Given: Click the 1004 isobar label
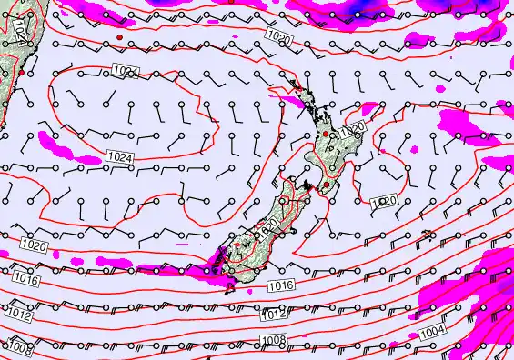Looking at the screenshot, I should tap(434, 331).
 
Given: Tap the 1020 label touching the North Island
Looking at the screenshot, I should tap(352, 131).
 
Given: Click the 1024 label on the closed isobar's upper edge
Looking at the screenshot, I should tap(126, 71).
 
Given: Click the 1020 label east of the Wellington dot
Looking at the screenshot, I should tap(385, 201).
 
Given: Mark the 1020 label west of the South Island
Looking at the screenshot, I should tap(33, 246).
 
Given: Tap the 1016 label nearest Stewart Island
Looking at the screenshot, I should tap(281, 286).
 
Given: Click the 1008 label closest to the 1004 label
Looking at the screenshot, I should tap(277, 341).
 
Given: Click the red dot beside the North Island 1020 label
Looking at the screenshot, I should tap(327, 134).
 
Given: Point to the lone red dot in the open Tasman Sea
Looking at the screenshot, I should tap(119, 36).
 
